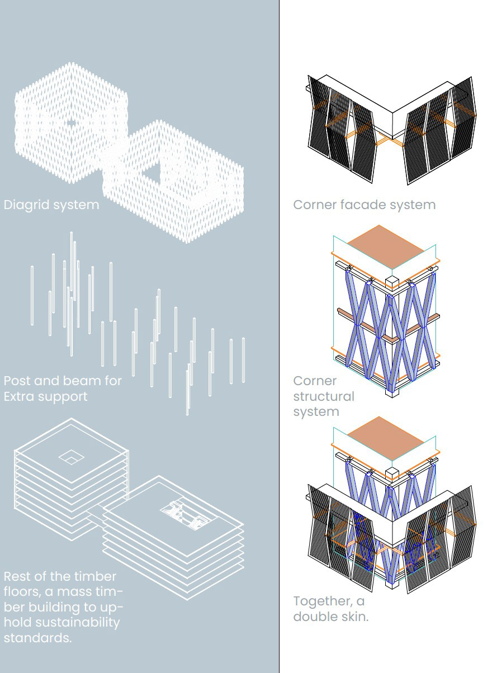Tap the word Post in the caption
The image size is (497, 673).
click(16, 381)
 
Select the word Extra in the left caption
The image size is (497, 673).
click(18, 396)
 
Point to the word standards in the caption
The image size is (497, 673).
click(37, 637)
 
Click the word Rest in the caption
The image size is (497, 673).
click(17, 576)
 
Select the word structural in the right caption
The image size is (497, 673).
click(324, 396)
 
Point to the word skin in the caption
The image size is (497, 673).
click(353, 617)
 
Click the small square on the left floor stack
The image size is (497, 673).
click(71, 457)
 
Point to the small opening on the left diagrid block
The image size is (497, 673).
click(71, 122)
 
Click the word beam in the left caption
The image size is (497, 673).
click(79, 381)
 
